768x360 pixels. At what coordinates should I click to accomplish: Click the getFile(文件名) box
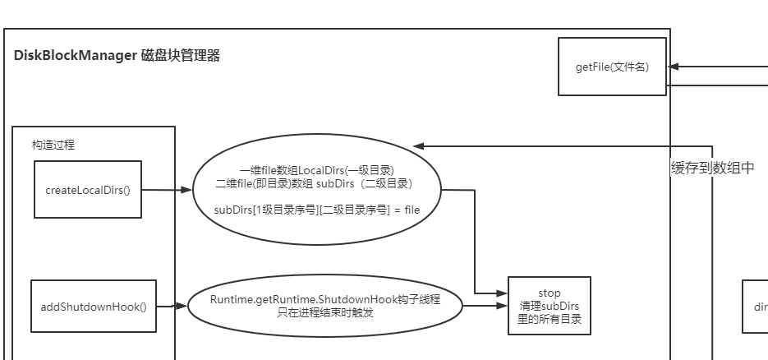click(612, 67)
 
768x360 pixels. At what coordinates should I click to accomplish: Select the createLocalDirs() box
click(88, 190)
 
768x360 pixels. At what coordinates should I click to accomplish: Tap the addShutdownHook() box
click(93, 307)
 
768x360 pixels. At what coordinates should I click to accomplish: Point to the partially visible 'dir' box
click(756, 307)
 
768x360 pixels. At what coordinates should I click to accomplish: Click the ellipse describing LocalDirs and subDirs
click(316, 190)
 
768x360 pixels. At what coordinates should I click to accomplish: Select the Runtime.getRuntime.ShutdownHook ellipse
click(324, 306)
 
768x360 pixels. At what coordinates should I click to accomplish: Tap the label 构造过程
click(53, 144)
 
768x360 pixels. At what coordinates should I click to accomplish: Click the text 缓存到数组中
click(712, 168)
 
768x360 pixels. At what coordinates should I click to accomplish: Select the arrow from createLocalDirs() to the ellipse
click(167, 190)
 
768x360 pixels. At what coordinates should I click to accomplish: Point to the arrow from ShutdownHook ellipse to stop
click(485, 307)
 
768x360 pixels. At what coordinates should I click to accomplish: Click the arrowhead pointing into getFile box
click(673, 67)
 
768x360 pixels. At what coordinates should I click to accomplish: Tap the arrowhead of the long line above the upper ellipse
click(417, 146)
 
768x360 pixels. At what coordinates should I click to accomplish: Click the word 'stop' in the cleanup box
click(549, 293)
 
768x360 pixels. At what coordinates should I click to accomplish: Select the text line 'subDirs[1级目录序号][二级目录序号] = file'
click(316, 210)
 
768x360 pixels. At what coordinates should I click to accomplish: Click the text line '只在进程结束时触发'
click(324, 312)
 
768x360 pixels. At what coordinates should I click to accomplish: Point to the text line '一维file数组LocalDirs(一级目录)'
click(316, 170)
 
